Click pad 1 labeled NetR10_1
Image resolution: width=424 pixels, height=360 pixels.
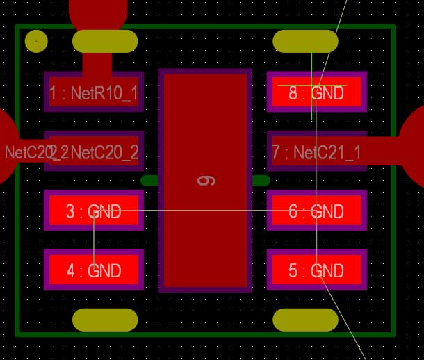pyautogui.click(x=94, y=92)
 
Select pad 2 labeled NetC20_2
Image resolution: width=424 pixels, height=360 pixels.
pyautogui.click(x=94, y=151)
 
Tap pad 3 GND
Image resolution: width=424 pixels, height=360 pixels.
pyautogui.click(x=94, y=211)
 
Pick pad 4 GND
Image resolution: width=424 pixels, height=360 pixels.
pyautogui.click(x=94, y=270)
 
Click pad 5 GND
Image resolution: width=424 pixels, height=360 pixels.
pyautogui.click(x=316, y=270)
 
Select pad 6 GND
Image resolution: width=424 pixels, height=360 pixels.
pyautogui.click(x=316, y=211)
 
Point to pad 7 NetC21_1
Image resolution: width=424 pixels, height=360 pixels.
pyautogui.click(x=316, y=151)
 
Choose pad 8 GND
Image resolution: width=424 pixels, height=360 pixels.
pyautogui.click(x=316, y=92)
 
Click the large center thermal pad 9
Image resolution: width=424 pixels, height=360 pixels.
pyautogui.click(x=205, y=229)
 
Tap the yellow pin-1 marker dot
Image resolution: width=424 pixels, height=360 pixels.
pyautogui.click(x=35, y=42)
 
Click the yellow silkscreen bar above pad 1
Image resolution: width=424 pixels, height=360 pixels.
pyautogui.click(x=105, y=41)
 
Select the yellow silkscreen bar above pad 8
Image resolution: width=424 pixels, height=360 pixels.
pyautogui.click(x=306, y=41)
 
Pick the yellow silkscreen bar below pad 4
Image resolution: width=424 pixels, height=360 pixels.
pyautogui.click(x=105, y=320)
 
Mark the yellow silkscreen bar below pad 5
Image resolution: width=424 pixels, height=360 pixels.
pyautogui.click(x=306, y=320)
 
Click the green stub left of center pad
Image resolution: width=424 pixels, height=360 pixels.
pyautogui.click(x=149, y=181)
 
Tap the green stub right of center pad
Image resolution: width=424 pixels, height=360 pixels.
pyautogui.click(x=261, y=181)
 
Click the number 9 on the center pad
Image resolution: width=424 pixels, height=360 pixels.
pyautogui.click(x=206, y=181)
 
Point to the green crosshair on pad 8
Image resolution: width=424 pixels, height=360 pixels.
pyautogui.click(x=312, y=85)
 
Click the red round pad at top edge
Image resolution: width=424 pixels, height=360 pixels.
pyautogui.click(x=98, y=10)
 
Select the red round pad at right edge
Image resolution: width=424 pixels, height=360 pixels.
pyautogui.click(x=416, y=146)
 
